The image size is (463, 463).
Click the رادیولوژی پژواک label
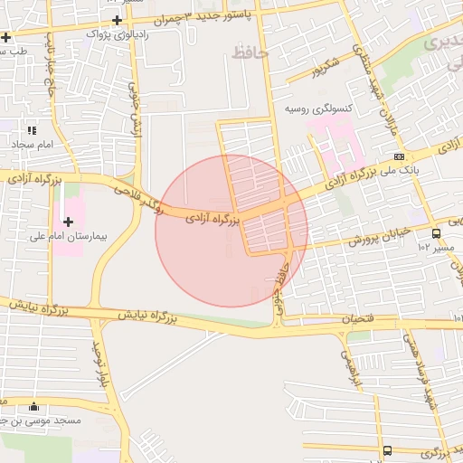(x=113, y=34)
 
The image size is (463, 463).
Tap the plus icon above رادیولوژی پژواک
(x=117, y=19)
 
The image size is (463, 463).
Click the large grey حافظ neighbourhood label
(x=250, y=52)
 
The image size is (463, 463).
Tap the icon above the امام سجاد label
(x=33, y=131)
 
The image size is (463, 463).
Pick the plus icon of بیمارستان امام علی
(x=69, y=221)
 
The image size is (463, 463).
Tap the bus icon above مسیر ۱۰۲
(x=438, y=232)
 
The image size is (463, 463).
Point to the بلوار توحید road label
(x=96, y=362)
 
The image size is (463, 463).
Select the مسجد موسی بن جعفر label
(x=41, y=420)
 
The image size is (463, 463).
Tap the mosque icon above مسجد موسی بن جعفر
(x=34, y=406)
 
